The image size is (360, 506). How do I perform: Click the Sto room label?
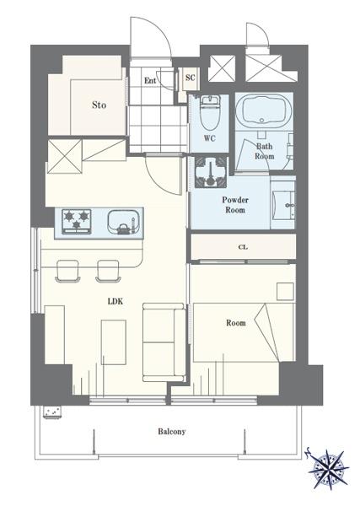click(99, 105)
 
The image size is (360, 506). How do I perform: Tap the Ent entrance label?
click(150, 80)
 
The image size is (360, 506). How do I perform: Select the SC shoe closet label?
click(191, 78)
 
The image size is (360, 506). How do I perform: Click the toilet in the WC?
click(210, 112)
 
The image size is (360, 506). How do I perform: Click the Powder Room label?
click(235, 205)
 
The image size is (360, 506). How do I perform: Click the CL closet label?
click(243, 247)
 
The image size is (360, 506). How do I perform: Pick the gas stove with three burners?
click(77, 221)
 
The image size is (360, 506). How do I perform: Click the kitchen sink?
click(124, 222)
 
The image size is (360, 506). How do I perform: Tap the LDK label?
click(116, 302)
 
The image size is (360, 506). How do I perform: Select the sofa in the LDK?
click(164, 342)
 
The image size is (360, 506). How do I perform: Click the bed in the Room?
click(244, 332)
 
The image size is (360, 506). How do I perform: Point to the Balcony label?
click(172, 432)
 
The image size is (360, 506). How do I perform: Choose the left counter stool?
click(67, 271)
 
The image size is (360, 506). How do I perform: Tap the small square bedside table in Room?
click(286, 292)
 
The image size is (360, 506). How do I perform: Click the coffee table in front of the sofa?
click(114, 342)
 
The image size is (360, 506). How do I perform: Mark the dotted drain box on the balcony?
click(52, 412)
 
